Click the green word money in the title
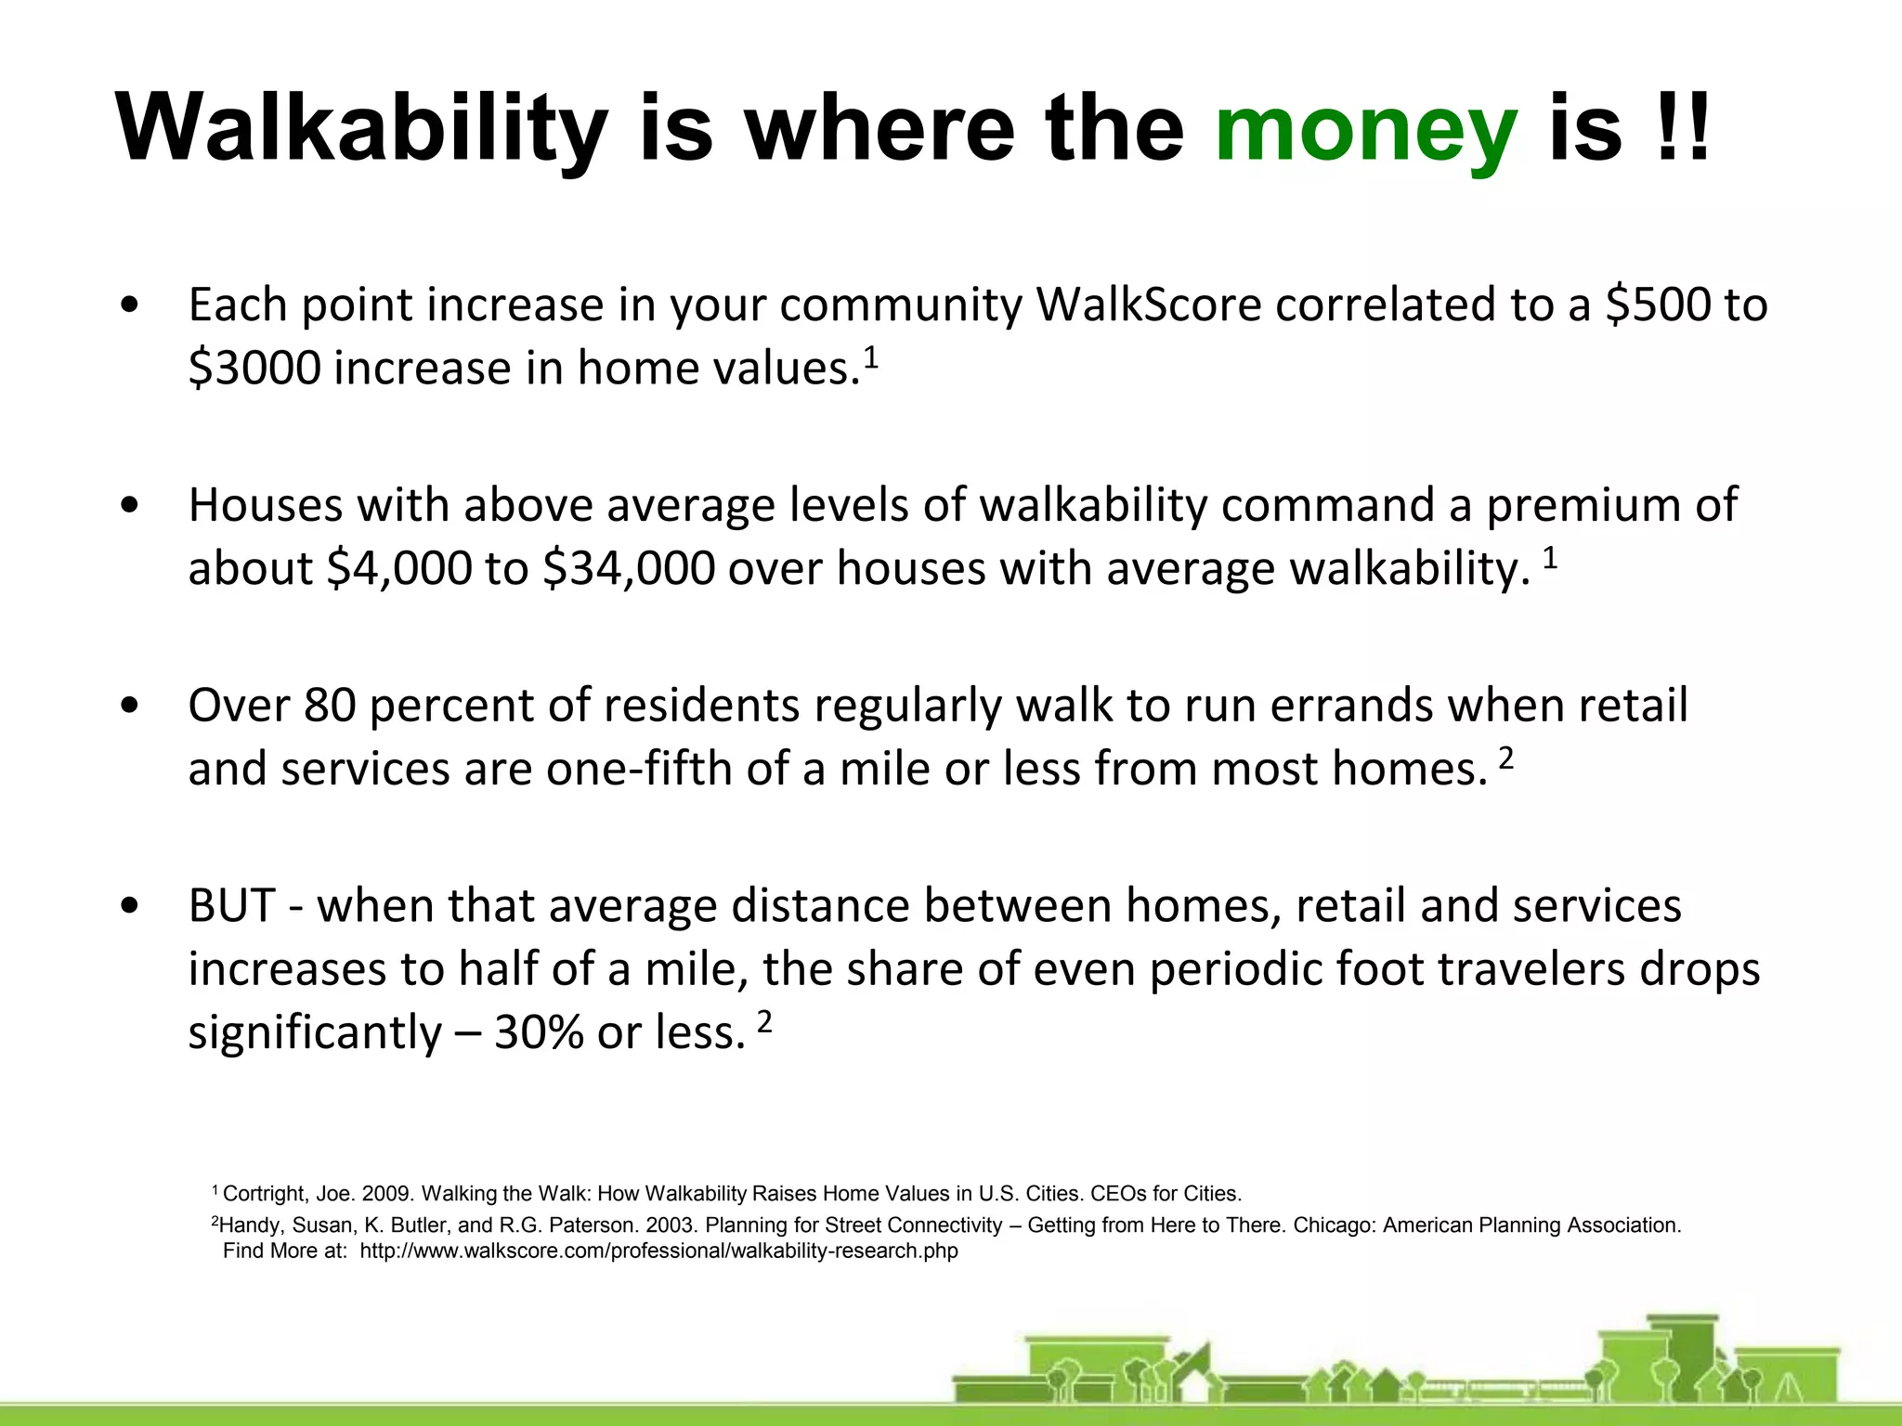click(1366, 130)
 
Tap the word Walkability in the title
click(362, 130)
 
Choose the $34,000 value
click(629, 568)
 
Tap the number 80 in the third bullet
click(330, 706)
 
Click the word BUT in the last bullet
click(231, 906)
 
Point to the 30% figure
click(538, 1032)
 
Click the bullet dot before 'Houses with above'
click(131, 506)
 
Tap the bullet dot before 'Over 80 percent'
click(131, 707)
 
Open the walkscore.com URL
click(658, 1251)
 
